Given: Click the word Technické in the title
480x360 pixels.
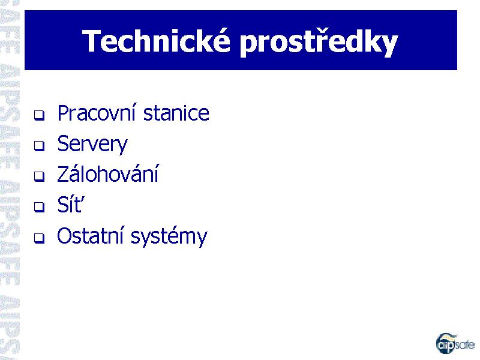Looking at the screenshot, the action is [156, 41].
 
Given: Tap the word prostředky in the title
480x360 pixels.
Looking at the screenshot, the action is [319, 43].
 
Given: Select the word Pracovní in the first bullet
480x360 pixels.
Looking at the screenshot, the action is [97, 113].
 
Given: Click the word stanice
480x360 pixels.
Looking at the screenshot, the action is [176, 113].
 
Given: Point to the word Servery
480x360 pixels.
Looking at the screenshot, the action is [92, 145].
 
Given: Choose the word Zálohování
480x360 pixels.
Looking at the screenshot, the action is [108, 173].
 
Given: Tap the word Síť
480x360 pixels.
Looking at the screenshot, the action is [70, 204].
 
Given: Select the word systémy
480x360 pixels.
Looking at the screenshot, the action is [169, 236].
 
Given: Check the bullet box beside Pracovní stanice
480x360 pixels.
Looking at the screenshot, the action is [39, 115].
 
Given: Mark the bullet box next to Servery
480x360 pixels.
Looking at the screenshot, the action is [39, 146].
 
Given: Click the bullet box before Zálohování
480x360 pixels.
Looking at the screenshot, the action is [39, 176].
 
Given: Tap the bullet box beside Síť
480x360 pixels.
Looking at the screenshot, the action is [39, 207].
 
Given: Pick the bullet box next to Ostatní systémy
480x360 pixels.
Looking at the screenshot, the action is [39, 238].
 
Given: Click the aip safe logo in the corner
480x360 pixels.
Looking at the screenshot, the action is [455, 343].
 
